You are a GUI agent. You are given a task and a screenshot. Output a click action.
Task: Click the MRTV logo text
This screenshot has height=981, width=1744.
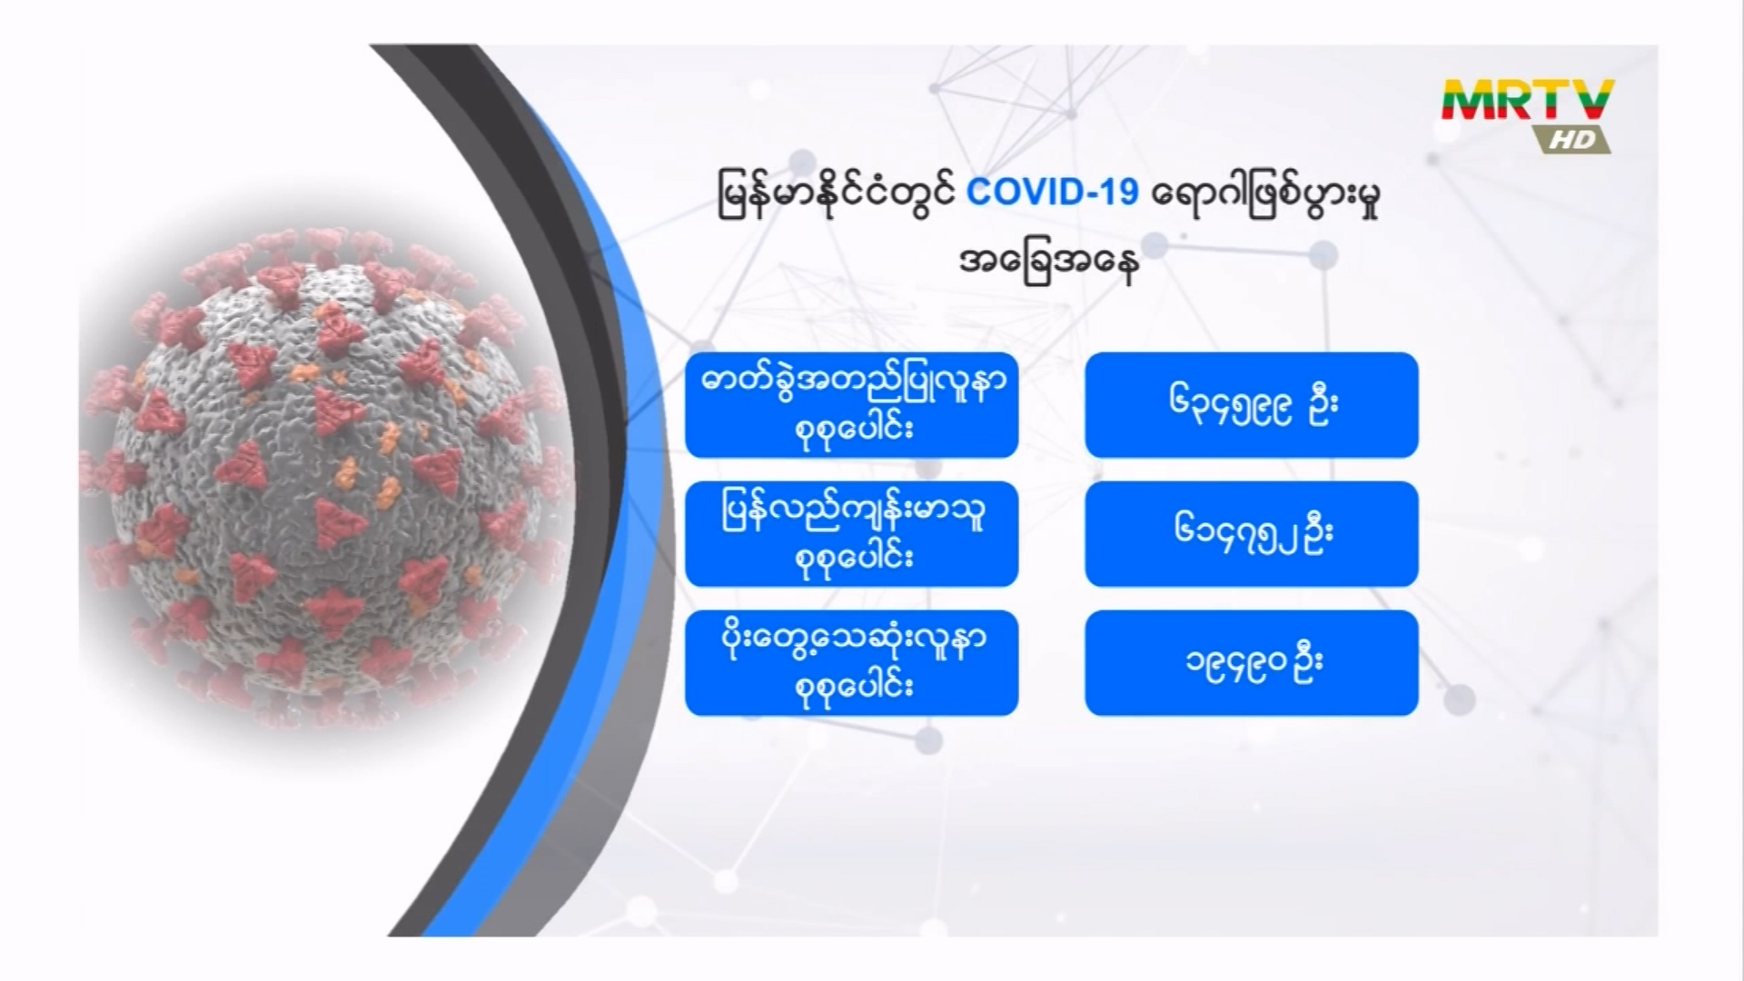pyautogui.click(x=1529, y=101)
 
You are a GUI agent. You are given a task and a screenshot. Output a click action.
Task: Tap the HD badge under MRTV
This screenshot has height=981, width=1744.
pyautogui.click(x=1572, y=139)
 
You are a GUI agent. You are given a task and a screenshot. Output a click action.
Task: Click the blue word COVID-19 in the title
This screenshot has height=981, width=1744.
pyautogui.click(x=1052, y=193)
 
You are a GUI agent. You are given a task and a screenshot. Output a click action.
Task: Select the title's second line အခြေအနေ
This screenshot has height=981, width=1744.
pyautogui.click(x=1050, y=263)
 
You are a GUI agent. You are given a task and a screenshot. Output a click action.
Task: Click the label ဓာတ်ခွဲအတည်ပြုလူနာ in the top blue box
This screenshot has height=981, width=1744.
pyautogui.click(x=853, y=382)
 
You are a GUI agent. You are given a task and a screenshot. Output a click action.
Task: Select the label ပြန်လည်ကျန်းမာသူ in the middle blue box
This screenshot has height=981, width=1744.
pyautogui.click(x=853, y=511)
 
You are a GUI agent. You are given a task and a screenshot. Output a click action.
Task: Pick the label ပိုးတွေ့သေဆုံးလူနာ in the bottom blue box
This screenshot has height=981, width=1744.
pyautogui.click(x=853, y=640)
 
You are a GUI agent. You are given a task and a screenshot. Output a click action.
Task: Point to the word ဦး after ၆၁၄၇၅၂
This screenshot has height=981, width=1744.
pyautogui.click(x=1317, y=532)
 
